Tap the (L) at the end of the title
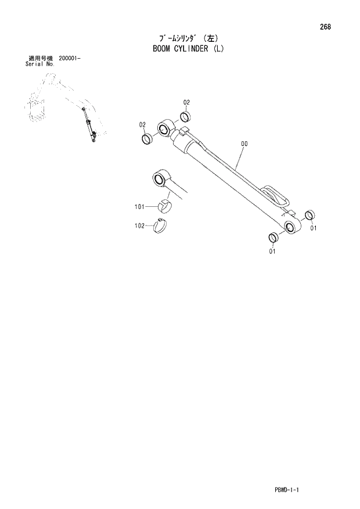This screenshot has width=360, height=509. pos(218,49)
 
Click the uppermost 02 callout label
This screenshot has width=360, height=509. pos(187,102)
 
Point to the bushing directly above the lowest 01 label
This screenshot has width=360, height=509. pos(272,238)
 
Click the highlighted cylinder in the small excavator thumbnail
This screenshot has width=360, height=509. pos(89,126)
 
